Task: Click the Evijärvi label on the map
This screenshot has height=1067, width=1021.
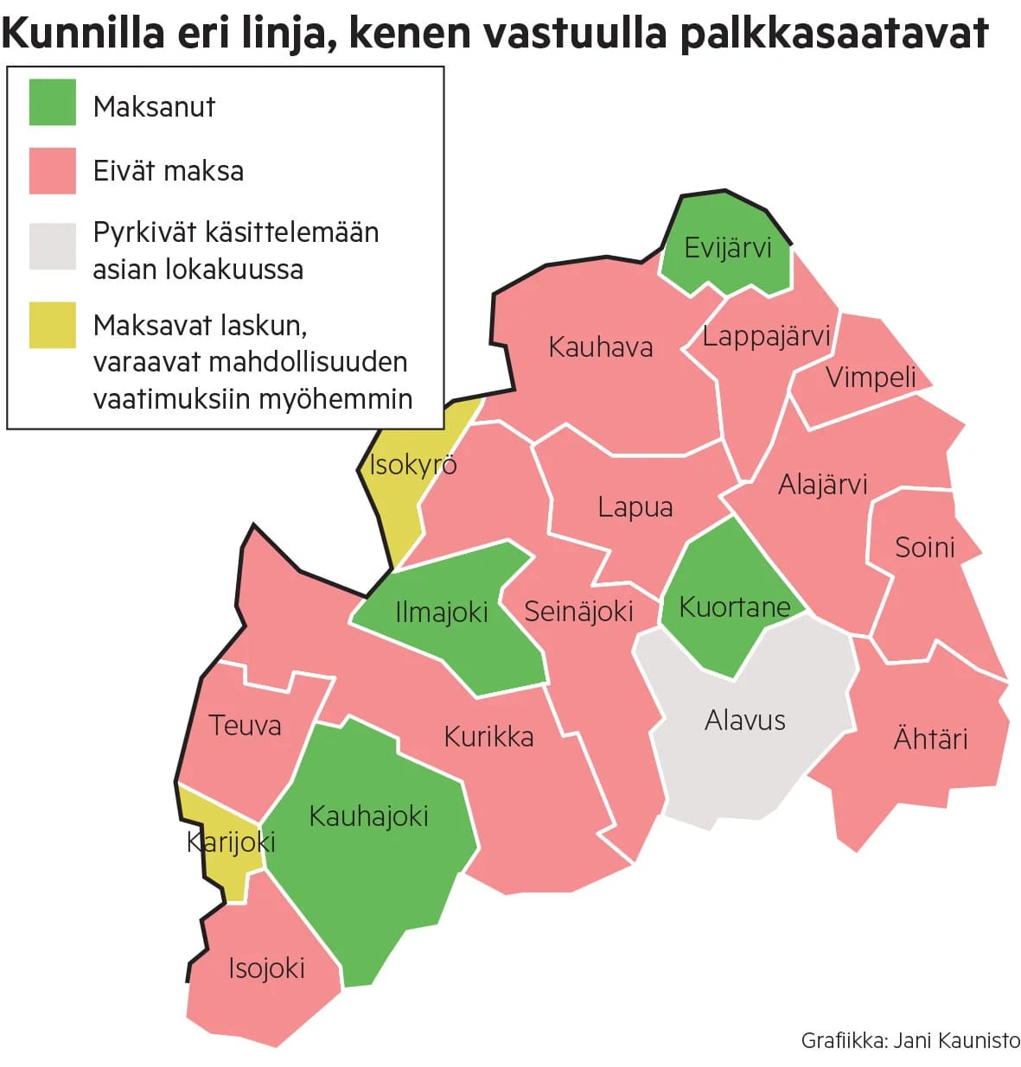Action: click(727, 249)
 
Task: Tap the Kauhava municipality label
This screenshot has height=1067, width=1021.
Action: click(600, 347)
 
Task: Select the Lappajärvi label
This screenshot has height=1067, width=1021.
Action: click(766, 336)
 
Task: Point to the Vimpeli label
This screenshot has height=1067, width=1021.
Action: click(871, 377)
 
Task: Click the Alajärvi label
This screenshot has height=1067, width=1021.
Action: click(822, 485)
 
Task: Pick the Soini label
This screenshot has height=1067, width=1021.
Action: click(924, 547)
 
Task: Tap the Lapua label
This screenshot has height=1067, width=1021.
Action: click(635, 507)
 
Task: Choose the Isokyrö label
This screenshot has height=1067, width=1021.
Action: click(412, 465)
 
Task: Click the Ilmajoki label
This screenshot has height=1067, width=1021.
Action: click(441, 613)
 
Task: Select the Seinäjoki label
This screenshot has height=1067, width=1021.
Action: click(578, 612)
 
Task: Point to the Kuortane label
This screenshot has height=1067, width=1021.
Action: click(734, 607)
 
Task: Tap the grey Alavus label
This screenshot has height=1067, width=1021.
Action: click(744, 720)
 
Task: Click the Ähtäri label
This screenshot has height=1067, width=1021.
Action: click(930, 739)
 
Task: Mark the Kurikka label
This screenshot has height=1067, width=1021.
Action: click(488, 737)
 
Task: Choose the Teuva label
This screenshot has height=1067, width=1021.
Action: click(245, 725)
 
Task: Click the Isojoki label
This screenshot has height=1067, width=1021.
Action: click(266, 969)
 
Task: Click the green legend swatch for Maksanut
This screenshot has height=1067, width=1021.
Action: click(53, 102)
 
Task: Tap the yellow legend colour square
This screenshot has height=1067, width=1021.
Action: click(53, 325)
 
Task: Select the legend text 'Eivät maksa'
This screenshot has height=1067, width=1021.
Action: click(169, 171)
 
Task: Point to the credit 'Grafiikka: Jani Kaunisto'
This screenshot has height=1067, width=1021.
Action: click(909, 1040)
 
